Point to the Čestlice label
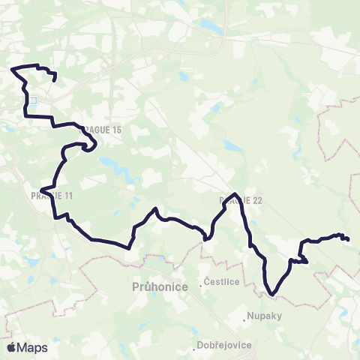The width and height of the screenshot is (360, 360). [x=224, y=283]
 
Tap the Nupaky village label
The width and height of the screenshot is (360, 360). [x=265, y=316]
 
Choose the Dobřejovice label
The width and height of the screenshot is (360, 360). [x=226, y=345]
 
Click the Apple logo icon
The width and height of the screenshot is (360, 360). [x=12, y=347]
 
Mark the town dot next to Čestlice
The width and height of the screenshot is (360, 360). [x=205, y=282]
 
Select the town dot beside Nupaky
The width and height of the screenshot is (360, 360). [x=245, y=316]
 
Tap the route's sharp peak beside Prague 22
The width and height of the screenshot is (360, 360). [x=236, y=194]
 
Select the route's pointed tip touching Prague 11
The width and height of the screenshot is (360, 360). [x=43, y=189]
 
